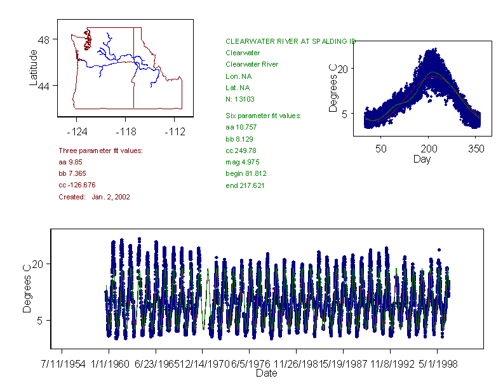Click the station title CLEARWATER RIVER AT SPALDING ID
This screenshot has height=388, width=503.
(x=290, y=41)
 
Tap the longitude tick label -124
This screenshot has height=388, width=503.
(x=77, y=132)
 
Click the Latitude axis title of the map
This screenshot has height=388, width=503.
(x=34, y=68)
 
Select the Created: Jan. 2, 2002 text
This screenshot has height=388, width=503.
(x=94, y=197)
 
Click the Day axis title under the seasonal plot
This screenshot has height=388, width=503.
(x=421, y=159)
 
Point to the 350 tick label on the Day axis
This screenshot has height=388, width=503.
(x=476, y=149)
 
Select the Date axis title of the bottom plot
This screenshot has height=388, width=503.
(x=266, y=373)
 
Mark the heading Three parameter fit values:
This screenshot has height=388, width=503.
(x=100, y=151)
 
